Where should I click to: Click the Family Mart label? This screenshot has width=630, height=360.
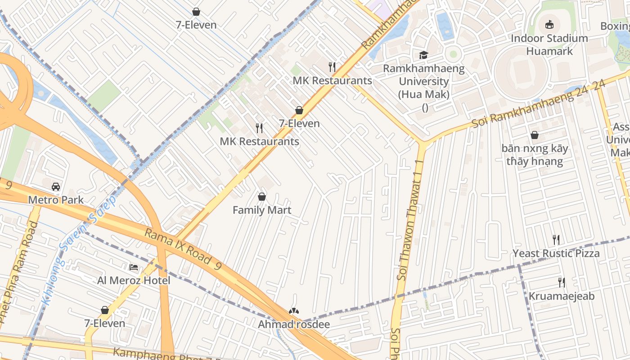(x=261, y=210)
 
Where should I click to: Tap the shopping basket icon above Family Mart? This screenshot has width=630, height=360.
(x=261, y=197)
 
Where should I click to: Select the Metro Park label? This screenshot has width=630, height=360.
(x=56, y=200)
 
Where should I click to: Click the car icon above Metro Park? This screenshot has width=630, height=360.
(x=56, y=186)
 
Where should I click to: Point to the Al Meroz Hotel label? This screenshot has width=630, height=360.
(x=134, y=281)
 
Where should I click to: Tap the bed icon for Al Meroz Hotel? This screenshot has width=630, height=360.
(x=134, y=267)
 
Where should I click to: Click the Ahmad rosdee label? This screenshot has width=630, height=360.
(x=294, y=324)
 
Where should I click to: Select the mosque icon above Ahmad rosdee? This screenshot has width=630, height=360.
(x=294, y=311)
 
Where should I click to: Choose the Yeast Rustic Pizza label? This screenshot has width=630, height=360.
(x=556, y=253)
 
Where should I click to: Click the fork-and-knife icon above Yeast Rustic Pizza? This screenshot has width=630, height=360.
(x=556, y=240)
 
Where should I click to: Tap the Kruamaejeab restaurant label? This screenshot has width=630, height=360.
(x=561, y=296)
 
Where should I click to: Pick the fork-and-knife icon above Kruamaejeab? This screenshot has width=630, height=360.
(x=561, y=283)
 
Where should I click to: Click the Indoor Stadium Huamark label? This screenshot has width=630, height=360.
(x=549, y=45)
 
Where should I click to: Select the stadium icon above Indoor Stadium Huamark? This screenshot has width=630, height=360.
(x=549, y=25)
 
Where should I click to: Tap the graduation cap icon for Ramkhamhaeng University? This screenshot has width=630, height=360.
(x=423, y=55)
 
